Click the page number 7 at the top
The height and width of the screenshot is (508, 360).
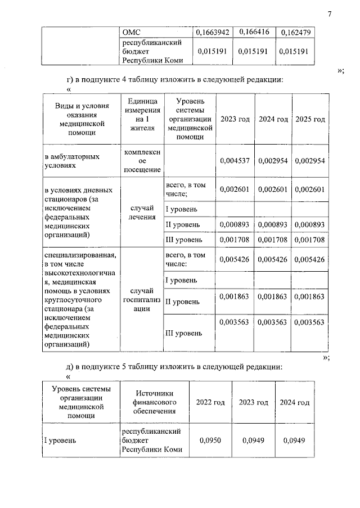[330, 14]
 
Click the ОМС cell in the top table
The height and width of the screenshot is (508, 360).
[130, 33]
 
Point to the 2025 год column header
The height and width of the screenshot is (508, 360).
[310, 119]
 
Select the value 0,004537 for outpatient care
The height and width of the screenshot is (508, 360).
[235, 161]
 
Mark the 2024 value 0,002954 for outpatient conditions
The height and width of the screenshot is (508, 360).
[273, 161]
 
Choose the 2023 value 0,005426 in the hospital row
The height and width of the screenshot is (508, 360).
[235, 259]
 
